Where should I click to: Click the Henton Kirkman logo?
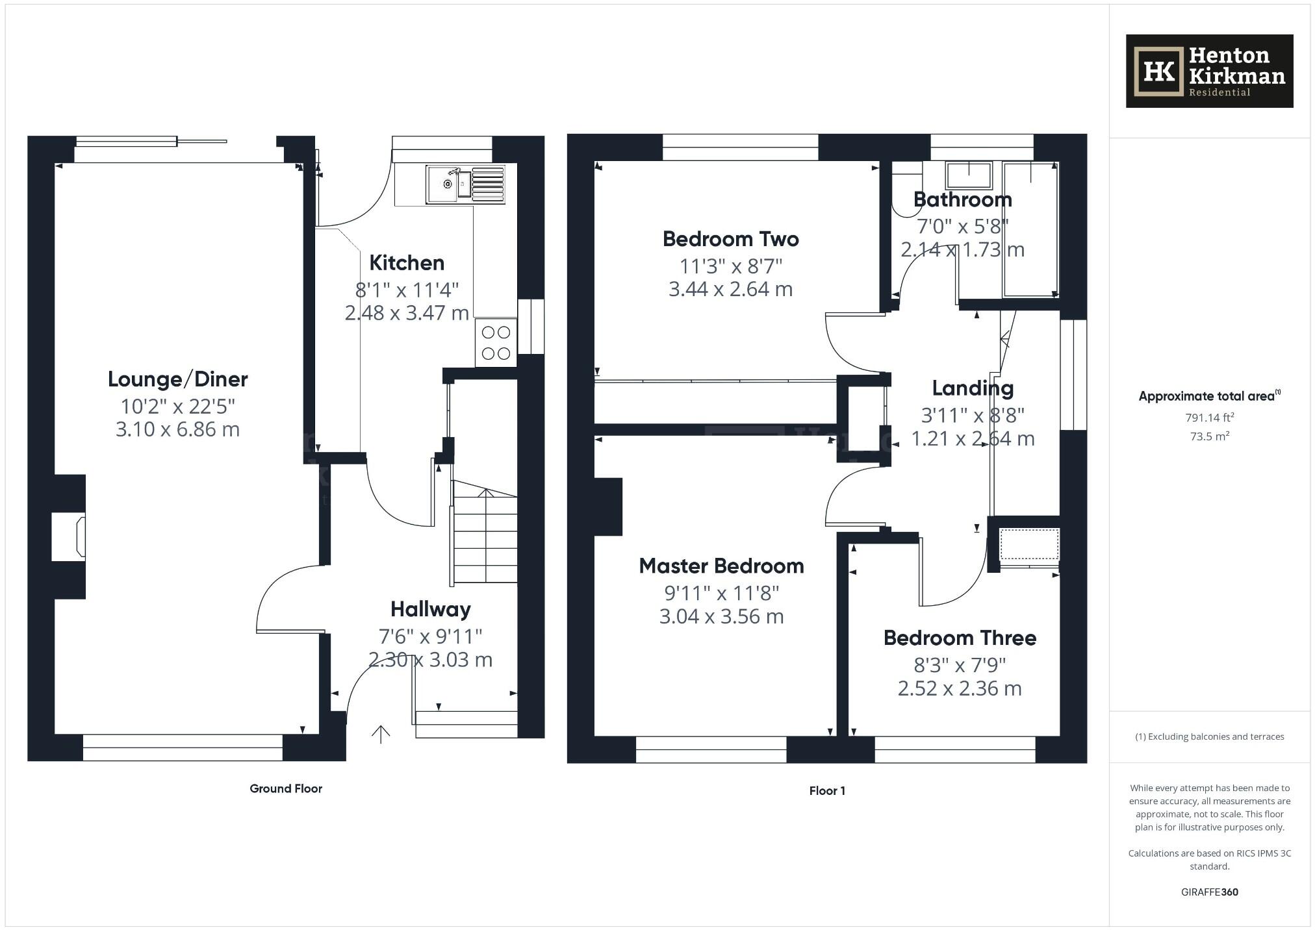tap(1209, 71)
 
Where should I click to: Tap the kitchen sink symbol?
tap(448, 184)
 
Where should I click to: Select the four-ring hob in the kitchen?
tap(496, 343)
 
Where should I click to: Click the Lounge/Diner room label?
tap(177, 379)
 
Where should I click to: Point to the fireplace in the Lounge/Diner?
tap(69, 536)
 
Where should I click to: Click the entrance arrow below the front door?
tap(380, 734)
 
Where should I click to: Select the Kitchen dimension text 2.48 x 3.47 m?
tap(407, 313)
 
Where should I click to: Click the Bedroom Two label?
tap(730, 239)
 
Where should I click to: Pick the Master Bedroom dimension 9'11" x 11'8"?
tap(721, 593)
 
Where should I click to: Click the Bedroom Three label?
tap(960, 638)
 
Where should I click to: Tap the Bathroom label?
tap(962, 199)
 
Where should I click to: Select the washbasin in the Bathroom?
tap(969, 175)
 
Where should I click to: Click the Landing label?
tap(973, 388)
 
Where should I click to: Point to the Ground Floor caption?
tap(286, 788)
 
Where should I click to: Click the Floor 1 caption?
tap(826, 790)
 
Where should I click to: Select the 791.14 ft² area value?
tap(1209, 418)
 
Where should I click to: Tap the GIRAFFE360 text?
tap(1209, 892)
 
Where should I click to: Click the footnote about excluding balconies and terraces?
tap(1209, 736)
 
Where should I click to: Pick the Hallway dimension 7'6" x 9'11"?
tap(430, 636)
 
